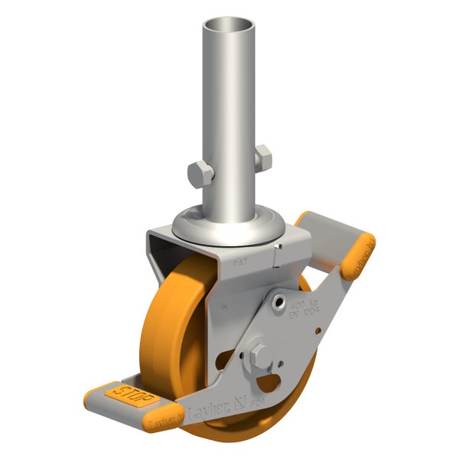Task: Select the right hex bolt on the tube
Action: click(x=262, y=157)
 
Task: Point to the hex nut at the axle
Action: click(x=259, y=356)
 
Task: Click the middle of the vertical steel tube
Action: click(x=229, y=115)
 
